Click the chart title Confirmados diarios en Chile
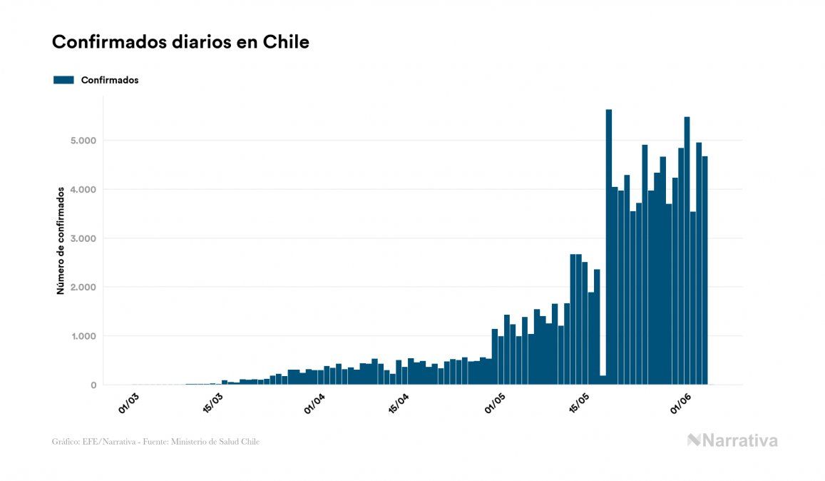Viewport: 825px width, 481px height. tap(180, 42)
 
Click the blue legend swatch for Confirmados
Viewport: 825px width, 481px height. tap(63, 80)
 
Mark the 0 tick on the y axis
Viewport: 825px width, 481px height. tap(93, 385)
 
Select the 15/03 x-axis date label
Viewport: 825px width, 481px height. tap(213, 402)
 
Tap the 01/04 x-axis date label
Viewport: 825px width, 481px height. tap(314, 402)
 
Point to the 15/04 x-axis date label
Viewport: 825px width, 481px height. tap(398, 402)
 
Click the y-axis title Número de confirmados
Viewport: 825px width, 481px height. tap(61, 241)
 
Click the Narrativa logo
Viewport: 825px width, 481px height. tap(732, 440)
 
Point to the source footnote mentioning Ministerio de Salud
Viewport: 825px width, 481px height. tap(155, 442)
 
